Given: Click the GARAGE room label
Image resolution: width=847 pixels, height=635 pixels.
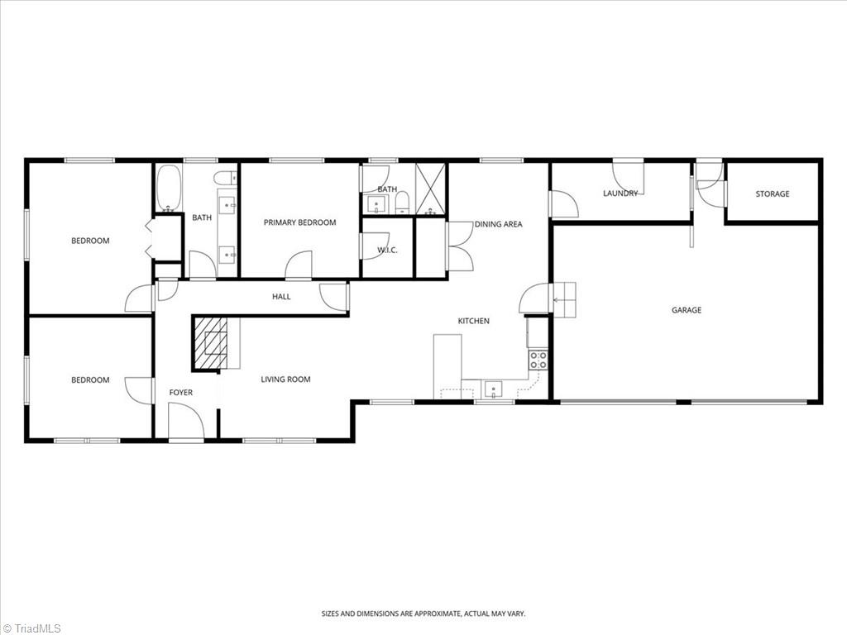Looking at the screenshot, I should point(686,310).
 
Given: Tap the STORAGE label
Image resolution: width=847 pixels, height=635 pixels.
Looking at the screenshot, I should point(772,194).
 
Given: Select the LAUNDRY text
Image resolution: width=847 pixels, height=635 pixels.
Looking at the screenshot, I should point(620,193).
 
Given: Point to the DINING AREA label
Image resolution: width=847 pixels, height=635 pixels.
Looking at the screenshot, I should point(498,224).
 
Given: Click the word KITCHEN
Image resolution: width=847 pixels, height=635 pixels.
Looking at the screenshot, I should point(474,321).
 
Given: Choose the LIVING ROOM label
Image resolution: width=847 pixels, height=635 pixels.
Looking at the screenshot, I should point(285,380).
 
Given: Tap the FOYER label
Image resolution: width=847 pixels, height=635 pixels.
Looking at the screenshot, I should point(180,393).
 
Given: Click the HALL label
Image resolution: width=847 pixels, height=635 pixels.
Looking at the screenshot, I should point(281,297).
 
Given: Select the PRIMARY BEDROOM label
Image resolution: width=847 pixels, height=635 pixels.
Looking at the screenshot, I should point(299,222).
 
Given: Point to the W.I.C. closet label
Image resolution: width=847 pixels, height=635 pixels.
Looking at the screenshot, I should point(387,251).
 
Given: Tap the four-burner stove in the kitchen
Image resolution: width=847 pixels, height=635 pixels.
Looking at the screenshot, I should point(538,360).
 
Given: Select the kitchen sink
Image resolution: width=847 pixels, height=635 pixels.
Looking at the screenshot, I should point(493,389).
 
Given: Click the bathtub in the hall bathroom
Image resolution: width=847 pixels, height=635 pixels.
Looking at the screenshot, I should point(168,189).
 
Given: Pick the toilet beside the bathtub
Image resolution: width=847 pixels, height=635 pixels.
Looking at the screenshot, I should point(222,177).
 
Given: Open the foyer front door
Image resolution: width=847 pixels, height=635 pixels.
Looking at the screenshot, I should point(185,420).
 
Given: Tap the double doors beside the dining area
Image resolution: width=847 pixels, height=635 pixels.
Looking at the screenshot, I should point(458,246).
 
